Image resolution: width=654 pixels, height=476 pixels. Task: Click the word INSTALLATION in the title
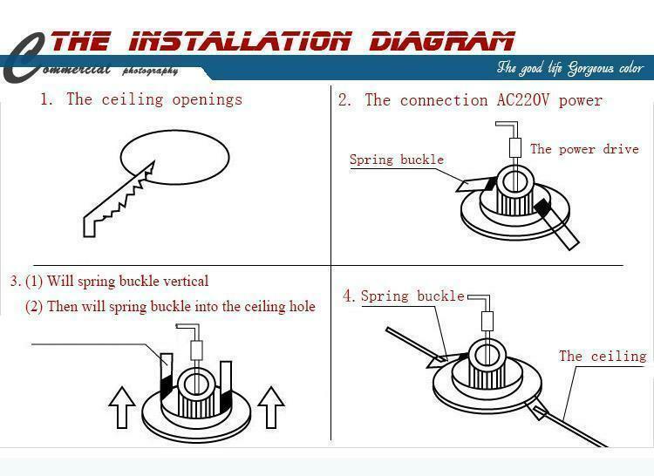pyautogui.click(x=241, y=40)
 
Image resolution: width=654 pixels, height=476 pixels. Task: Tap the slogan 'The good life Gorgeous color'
pyautogui.click(x=569, y=68)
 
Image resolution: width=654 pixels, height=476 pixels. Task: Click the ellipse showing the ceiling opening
pyautogui.click(x=174, y=157)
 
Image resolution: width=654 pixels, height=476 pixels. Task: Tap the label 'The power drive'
pyautogui.click(x=584, y=149)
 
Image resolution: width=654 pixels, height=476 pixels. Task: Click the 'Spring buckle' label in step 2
pyautogui.click(x=397, y=160)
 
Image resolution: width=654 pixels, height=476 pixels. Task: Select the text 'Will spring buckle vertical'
pyautogui.click(x=127, y=282)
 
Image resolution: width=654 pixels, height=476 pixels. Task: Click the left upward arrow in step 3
pyautogui.click(x=120, y=406)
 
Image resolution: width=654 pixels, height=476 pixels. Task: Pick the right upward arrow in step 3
pyautogui.click(x=271, y=406)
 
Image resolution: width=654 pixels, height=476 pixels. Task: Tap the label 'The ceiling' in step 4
pyautogui.click(x=603, y=356)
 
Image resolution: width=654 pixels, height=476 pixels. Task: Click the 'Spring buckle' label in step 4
pyautogui.click(x=412, y=296)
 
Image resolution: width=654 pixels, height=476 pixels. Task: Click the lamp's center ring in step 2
pyautogui.click(x=514, y=181)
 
